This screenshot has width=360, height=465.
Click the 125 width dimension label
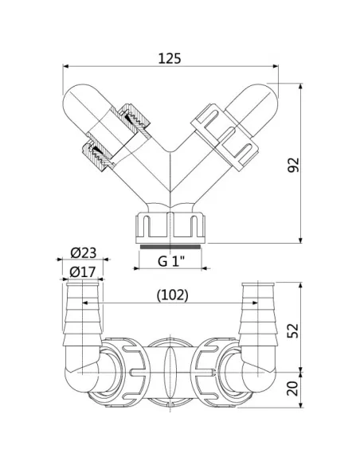pos(170,58)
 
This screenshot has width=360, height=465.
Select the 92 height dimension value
pos(294,165)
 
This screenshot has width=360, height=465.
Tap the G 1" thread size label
pos(171,261)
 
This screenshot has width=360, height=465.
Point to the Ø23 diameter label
pos(84,253)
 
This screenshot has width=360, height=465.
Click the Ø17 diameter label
pos(83,272)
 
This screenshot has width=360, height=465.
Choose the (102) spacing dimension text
pos(172,295)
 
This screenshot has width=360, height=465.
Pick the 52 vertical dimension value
pos(293,330)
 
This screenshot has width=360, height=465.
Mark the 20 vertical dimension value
pos(293,389)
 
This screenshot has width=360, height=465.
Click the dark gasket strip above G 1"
pos(170,247)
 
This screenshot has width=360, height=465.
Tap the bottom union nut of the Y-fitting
pos(170,228)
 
